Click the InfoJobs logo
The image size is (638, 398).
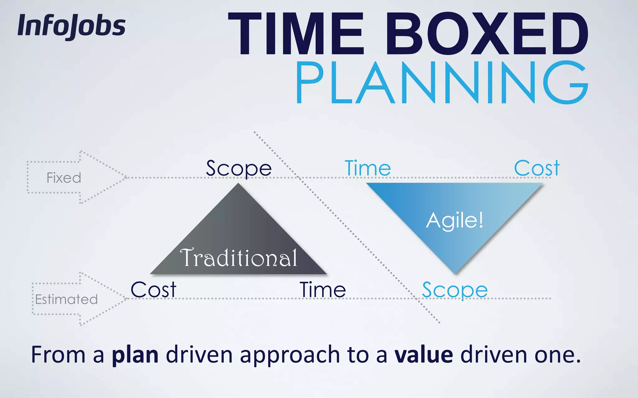click(x=72, y=26)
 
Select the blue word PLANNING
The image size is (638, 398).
click(x=442, y=82)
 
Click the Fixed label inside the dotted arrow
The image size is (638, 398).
click(x=64, y=178)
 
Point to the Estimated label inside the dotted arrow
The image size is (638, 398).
click(x=66, y=299)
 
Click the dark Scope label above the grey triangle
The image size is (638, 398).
click(x=239, y=169)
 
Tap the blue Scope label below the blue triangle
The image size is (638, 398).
click(x=455, y=290)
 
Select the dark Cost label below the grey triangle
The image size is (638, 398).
click(x=153, y=290)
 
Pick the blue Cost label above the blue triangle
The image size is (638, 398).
click(x=537, y=169)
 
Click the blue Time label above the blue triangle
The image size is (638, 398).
click(x=368, y=169)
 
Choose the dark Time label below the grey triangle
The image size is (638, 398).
click(x=323, y=290)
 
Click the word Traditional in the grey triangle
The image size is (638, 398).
click(x=239, y=257)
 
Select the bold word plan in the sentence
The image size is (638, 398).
click(x=135, y=355)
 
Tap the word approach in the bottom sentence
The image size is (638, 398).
click(x=290, y=355)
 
